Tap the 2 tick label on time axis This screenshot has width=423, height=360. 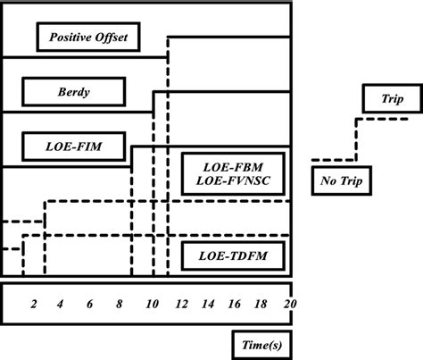pyautogui.click(x=33, y=305)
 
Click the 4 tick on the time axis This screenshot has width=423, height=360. pyautogui.click(x=61, y=305)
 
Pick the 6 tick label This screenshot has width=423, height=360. pyautogui.click(x=89, y=305)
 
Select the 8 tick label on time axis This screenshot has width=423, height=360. pyautogui.click(x=119, y=305)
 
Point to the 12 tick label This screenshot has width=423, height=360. pyautogui.click(x=181, y=305)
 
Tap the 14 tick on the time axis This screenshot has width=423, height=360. pyautogui.click(x=208, y=305)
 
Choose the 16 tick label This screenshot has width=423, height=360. pyautogui.click(x=235, y=305)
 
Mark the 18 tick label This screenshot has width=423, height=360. pyautogui.click(x=261, y=305)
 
